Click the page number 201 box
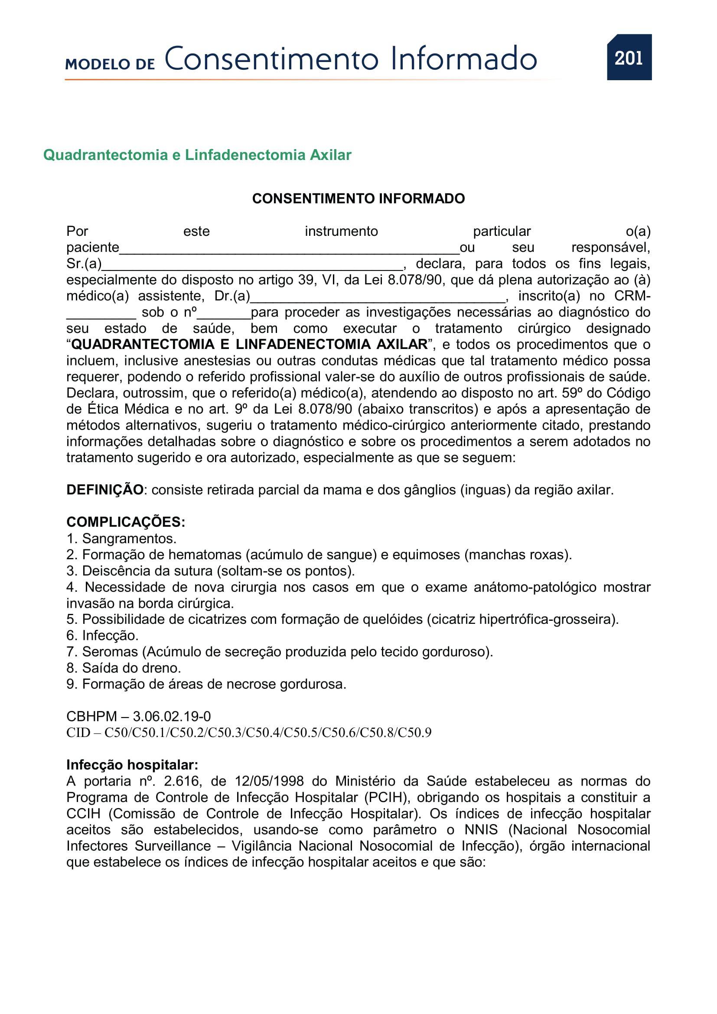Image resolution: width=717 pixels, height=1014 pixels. [x=629, y=57]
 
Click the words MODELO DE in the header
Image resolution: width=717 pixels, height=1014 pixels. [x=110, y=64]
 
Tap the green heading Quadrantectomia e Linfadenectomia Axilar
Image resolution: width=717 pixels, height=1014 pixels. [x=197, y=155]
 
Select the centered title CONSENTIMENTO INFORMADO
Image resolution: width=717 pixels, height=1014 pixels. [x=358, y=199]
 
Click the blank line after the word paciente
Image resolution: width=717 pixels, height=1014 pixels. [x=289, y=249]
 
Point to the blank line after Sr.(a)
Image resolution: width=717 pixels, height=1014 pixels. [x=252, y=265]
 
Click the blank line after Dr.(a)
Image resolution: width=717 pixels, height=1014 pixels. [x=378, y=298]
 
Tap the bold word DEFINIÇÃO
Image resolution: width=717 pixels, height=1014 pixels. [x=104, y=490]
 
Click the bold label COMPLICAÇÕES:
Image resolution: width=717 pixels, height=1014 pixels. [x=125, y=522]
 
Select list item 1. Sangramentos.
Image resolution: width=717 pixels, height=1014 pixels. [x=121, y=539]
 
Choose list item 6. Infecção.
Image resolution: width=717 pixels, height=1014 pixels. [x=102, y=636]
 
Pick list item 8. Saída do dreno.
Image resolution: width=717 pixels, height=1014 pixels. [x=124, y=668]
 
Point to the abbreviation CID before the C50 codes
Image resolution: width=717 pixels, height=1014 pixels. [x=78, y=733]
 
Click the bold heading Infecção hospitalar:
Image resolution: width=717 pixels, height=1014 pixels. [x=132, y=765]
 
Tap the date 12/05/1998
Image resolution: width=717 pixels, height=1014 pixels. [x=269, y=781]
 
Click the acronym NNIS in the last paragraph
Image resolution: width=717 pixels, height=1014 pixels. [x=481, y=830]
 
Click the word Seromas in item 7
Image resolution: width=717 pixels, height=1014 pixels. [x=110, y=652]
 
